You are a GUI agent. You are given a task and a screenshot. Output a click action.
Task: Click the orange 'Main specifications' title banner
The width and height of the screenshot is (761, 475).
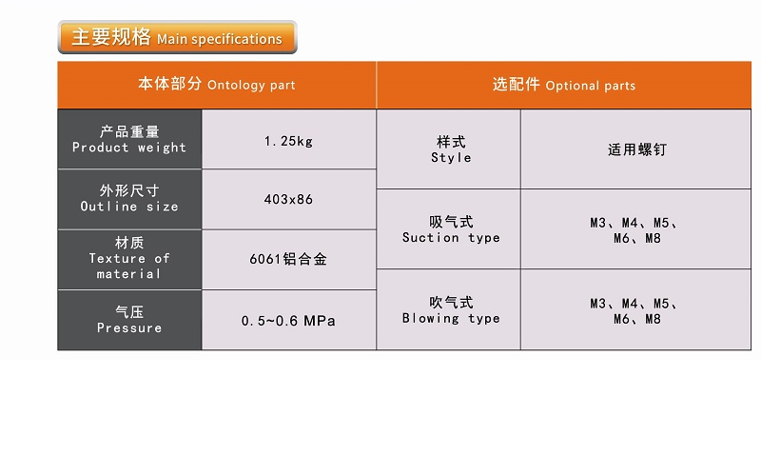click(178, 38)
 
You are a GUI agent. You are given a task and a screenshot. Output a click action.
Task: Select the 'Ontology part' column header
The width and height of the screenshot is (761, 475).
click(217, 85)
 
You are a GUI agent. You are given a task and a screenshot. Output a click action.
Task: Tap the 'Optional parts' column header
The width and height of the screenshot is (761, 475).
click(563, 85)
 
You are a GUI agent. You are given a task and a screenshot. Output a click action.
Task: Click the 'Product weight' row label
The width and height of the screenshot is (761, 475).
click(129, 140)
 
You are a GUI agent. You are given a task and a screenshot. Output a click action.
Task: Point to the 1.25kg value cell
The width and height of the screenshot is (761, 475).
click(288, 141)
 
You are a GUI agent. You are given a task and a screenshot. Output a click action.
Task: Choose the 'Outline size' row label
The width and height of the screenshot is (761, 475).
click(129, 199)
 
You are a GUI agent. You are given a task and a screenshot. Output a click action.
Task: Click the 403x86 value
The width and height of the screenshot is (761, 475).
click(288, 200)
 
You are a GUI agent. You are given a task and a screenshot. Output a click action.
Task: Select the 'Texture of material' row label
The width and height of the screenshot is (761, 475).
click(129, 259)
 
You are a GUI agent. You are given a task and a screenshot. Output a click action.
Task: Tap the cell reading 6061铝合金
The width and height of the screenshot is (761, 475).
click(288, 259)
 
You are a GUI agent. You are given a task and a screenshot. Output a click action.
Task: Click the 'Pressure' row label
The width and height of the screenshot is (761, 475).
click(129, 320)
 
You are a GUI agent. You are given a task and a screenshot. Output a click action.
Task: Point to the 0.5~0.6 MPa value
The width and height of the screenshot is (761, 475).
click(288, 321)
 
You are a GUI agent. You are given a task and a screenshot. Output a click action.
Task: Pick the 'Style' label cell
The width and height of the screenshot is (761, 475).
click(450, 149)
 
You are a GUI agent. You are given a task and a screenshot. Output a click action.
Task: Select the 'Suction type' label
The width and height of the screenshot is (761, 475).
click(450, 229)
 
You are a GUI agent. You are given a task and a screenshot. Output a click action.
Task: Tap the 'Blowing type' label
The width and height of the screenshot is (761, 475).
click(450, 310)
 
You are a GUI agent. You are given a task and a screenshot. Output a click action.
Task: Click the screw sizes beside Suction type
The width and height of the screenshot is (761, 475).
click(634, 230)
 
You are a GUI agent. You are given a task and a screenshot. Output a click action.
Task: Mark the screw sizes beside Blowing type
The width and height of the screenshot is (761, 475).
click(634, 311)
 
